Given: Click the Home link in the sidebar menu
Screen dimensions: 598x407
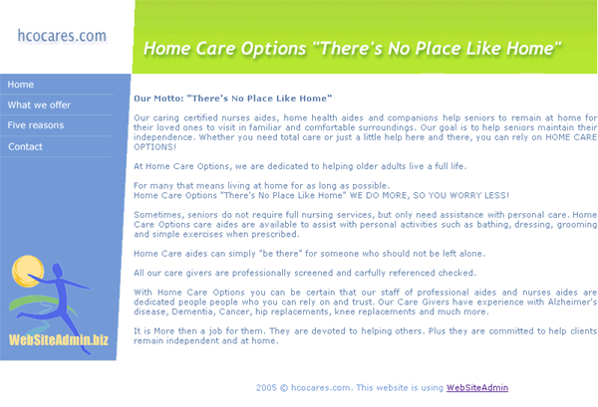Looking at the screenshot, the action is point(21,85).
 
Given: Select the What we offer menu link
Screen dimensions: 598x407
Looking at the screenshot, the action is point(39,105).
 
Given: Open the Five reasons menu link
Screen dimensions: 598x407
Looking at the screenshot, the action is point(36,125).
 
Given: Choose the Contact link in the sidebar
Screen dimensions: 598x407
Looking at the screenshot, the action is point(25,146).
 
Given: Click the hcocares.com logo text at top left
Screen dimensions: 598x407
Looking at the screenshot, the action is point(62,36).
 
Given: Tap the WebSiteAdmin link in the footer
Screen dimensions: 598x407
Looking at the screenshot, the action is point(477,388).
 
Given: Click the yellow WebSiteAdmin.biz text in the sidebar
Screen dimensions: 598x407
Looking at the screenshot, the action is point(59,339).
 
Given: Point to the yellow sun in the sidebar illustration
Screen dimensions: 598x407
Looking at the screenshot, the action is point(28,271).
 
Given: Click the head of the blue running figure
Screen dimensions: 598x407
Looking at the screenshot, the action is point(58,271).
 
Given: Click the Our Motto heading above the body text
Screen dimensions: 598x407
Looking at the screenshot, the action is point(232,99).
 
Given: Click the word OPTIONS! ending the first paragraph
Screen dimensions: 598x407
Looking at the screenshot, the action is point(154,147).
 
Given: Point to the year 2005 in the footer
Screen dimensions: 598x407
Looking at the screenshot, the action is point(266,388).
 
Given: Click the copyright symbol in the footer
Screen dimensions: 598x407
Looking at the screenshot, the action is point(284,388).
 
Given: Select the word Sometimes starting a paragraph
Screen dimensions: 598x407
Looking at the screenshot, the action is point(156,215).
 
